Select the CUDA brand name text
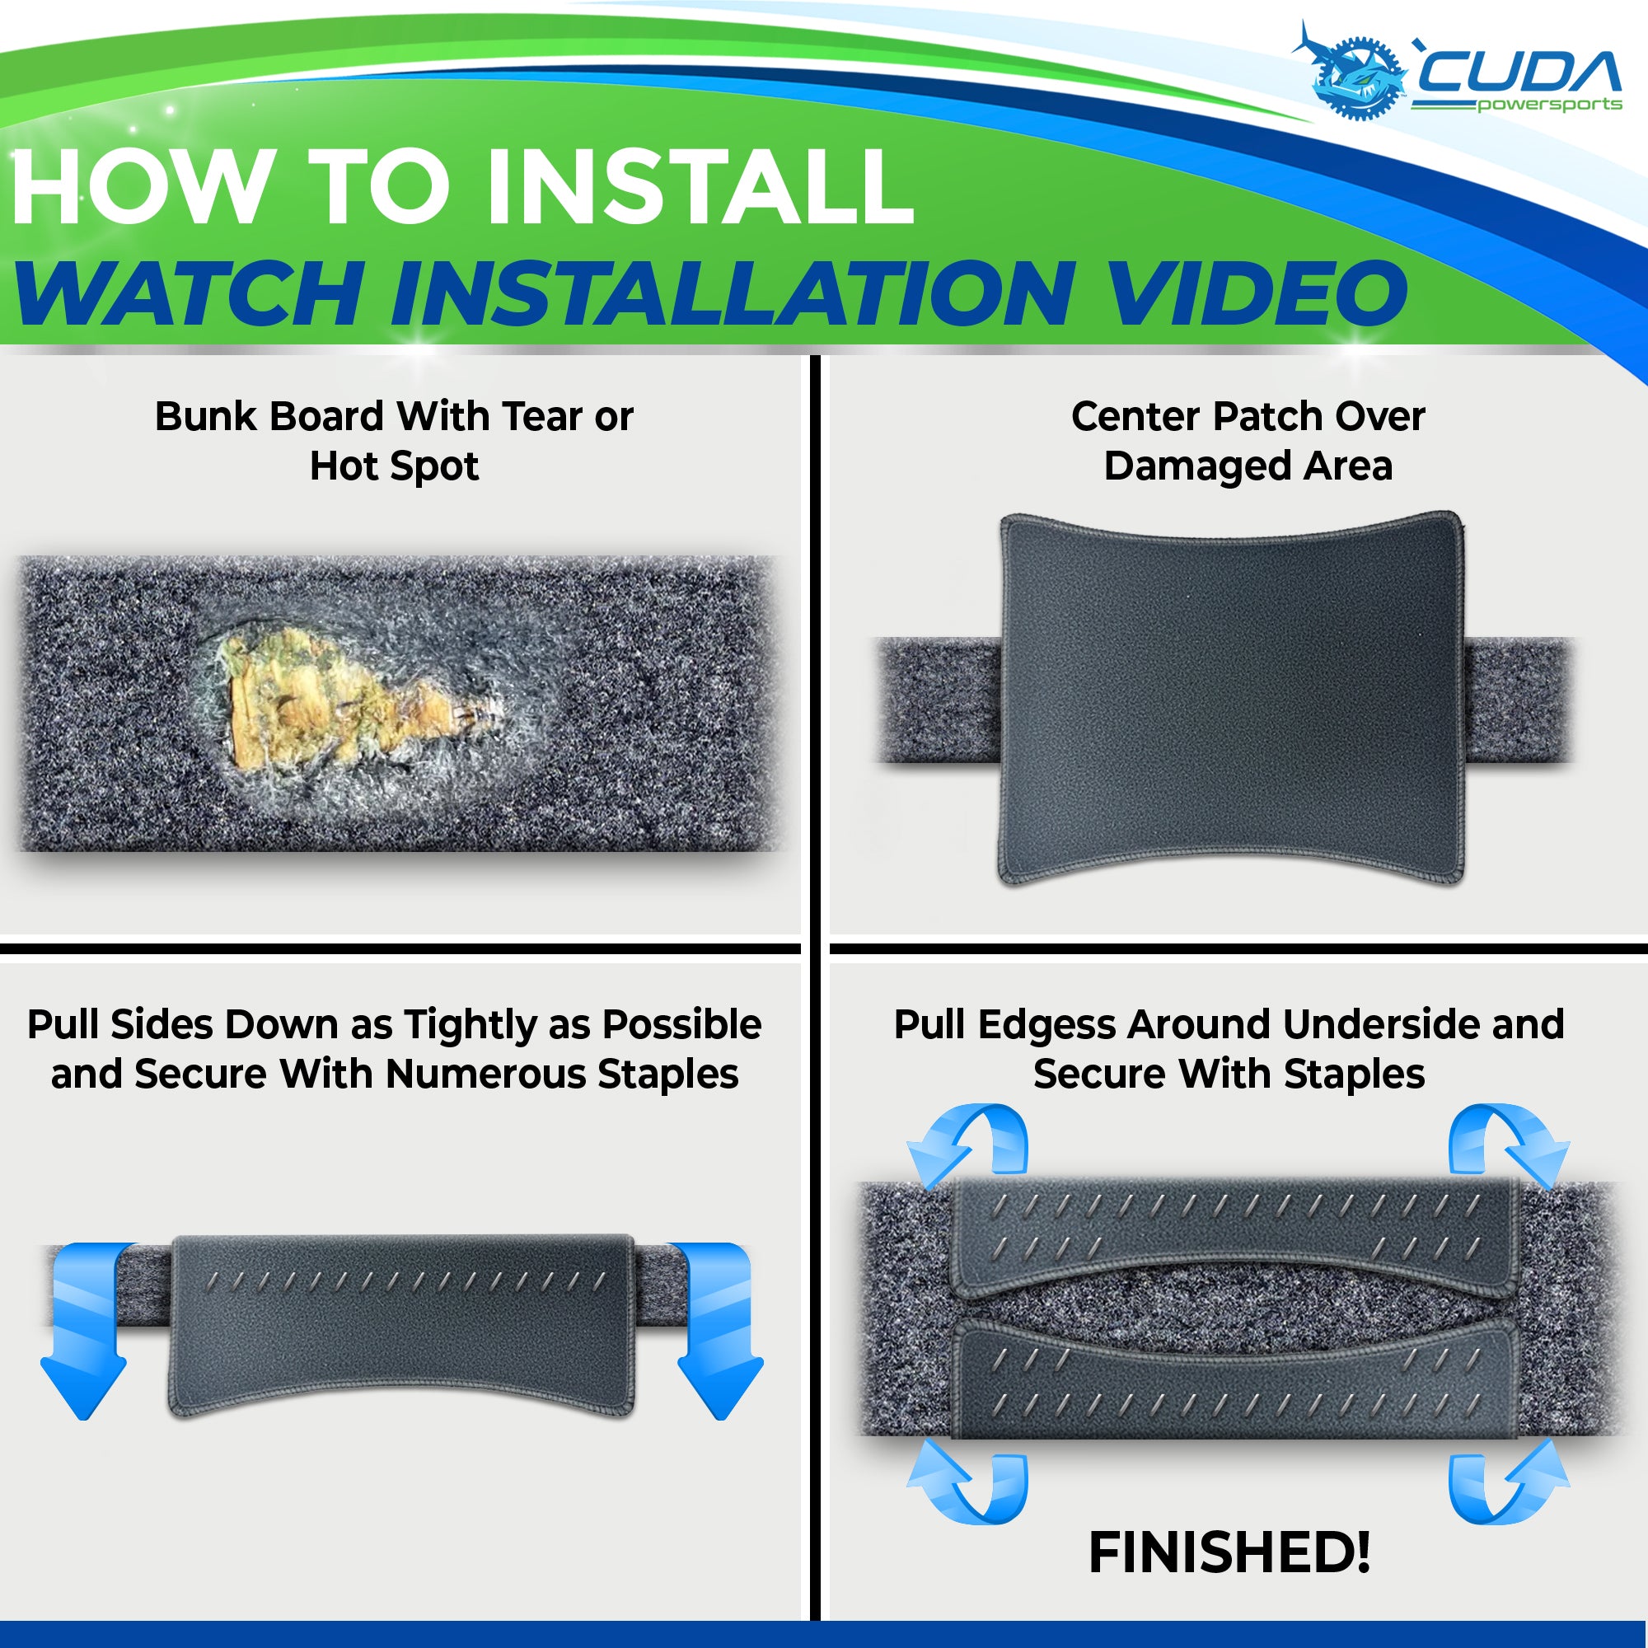click(x=1518, y=72)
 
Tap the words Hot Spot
click(x=394, y=466)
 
